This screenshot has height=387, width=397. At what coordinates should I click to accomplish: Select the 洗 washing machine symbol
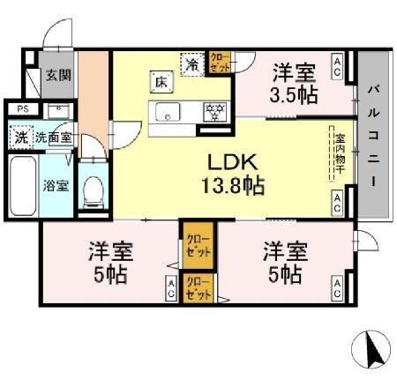tap(19, 138)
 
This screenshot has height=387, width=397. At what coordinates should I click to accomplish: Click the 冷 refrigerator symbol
tap(192, 63)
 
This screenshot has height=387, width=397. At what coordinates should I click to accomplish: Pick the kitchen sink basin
tap(168, 111)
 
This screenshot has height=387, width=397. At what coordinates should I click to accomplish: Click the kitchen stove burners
tap(213, 111)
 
